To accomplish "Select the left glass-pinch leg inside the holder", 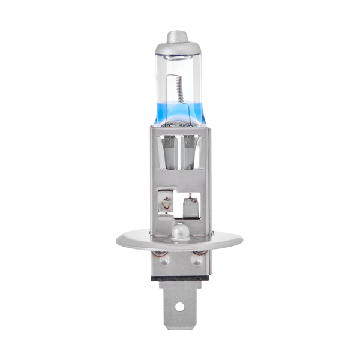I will (x=168, y=153).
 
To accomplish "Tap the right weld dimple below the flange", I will (x=196, y=260).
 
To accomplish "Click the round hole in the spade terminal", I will (x=178, y=307).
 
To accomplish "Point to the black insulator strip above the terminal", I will (x=178, y=278).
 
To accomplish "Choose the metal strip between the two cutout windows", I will (x=178, y=204).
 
